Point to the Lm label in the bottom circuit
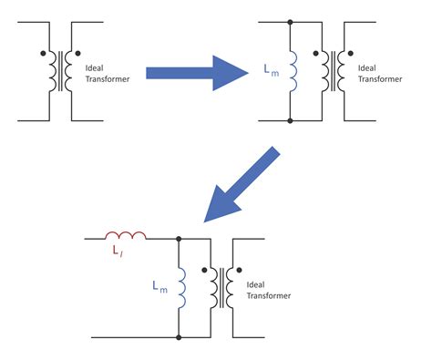[x=159, y=285]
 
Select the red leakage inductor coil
[x=120, y=236]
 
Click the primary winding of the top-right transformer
[x=325, y=70]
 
